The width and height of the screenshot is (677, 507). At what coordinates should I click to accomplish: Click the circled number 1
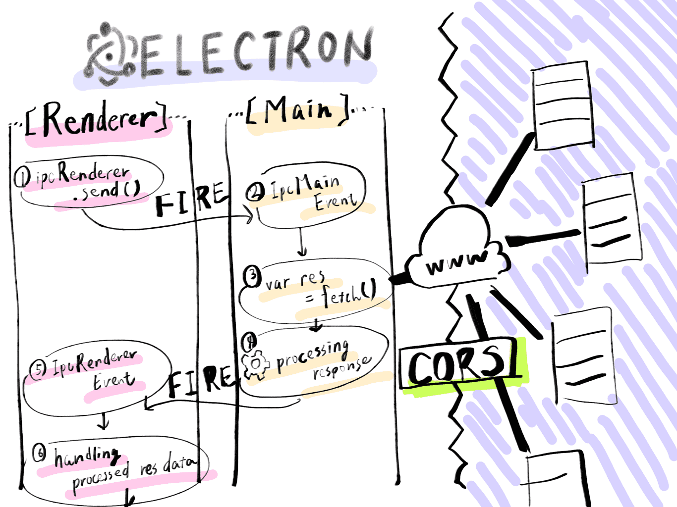coord(22,177)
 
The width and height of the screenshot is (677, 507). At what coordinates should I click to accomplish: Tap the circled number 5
coord(38,368)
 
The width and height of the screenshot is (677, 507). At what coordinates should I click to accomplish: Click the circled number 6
coord(39,453)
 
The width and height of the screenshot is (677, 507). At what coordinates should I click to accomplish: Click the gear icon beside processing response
coord(255,363)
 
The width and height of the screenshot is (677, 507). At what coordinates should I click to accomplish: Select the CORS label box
coord(456,364)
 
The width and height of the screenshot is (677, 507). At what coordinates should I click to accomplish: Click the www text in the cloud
coord(456,262)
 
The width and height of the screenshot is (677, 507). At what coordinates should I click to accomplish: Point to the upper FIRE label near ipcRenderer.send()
coord(191,199)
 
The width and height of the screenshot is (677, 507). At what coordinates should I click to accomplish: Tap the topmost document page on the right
coord(563,104)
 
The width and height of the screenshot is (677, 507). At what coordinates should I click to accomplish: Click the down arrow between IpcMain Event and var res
coord(302,243)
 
